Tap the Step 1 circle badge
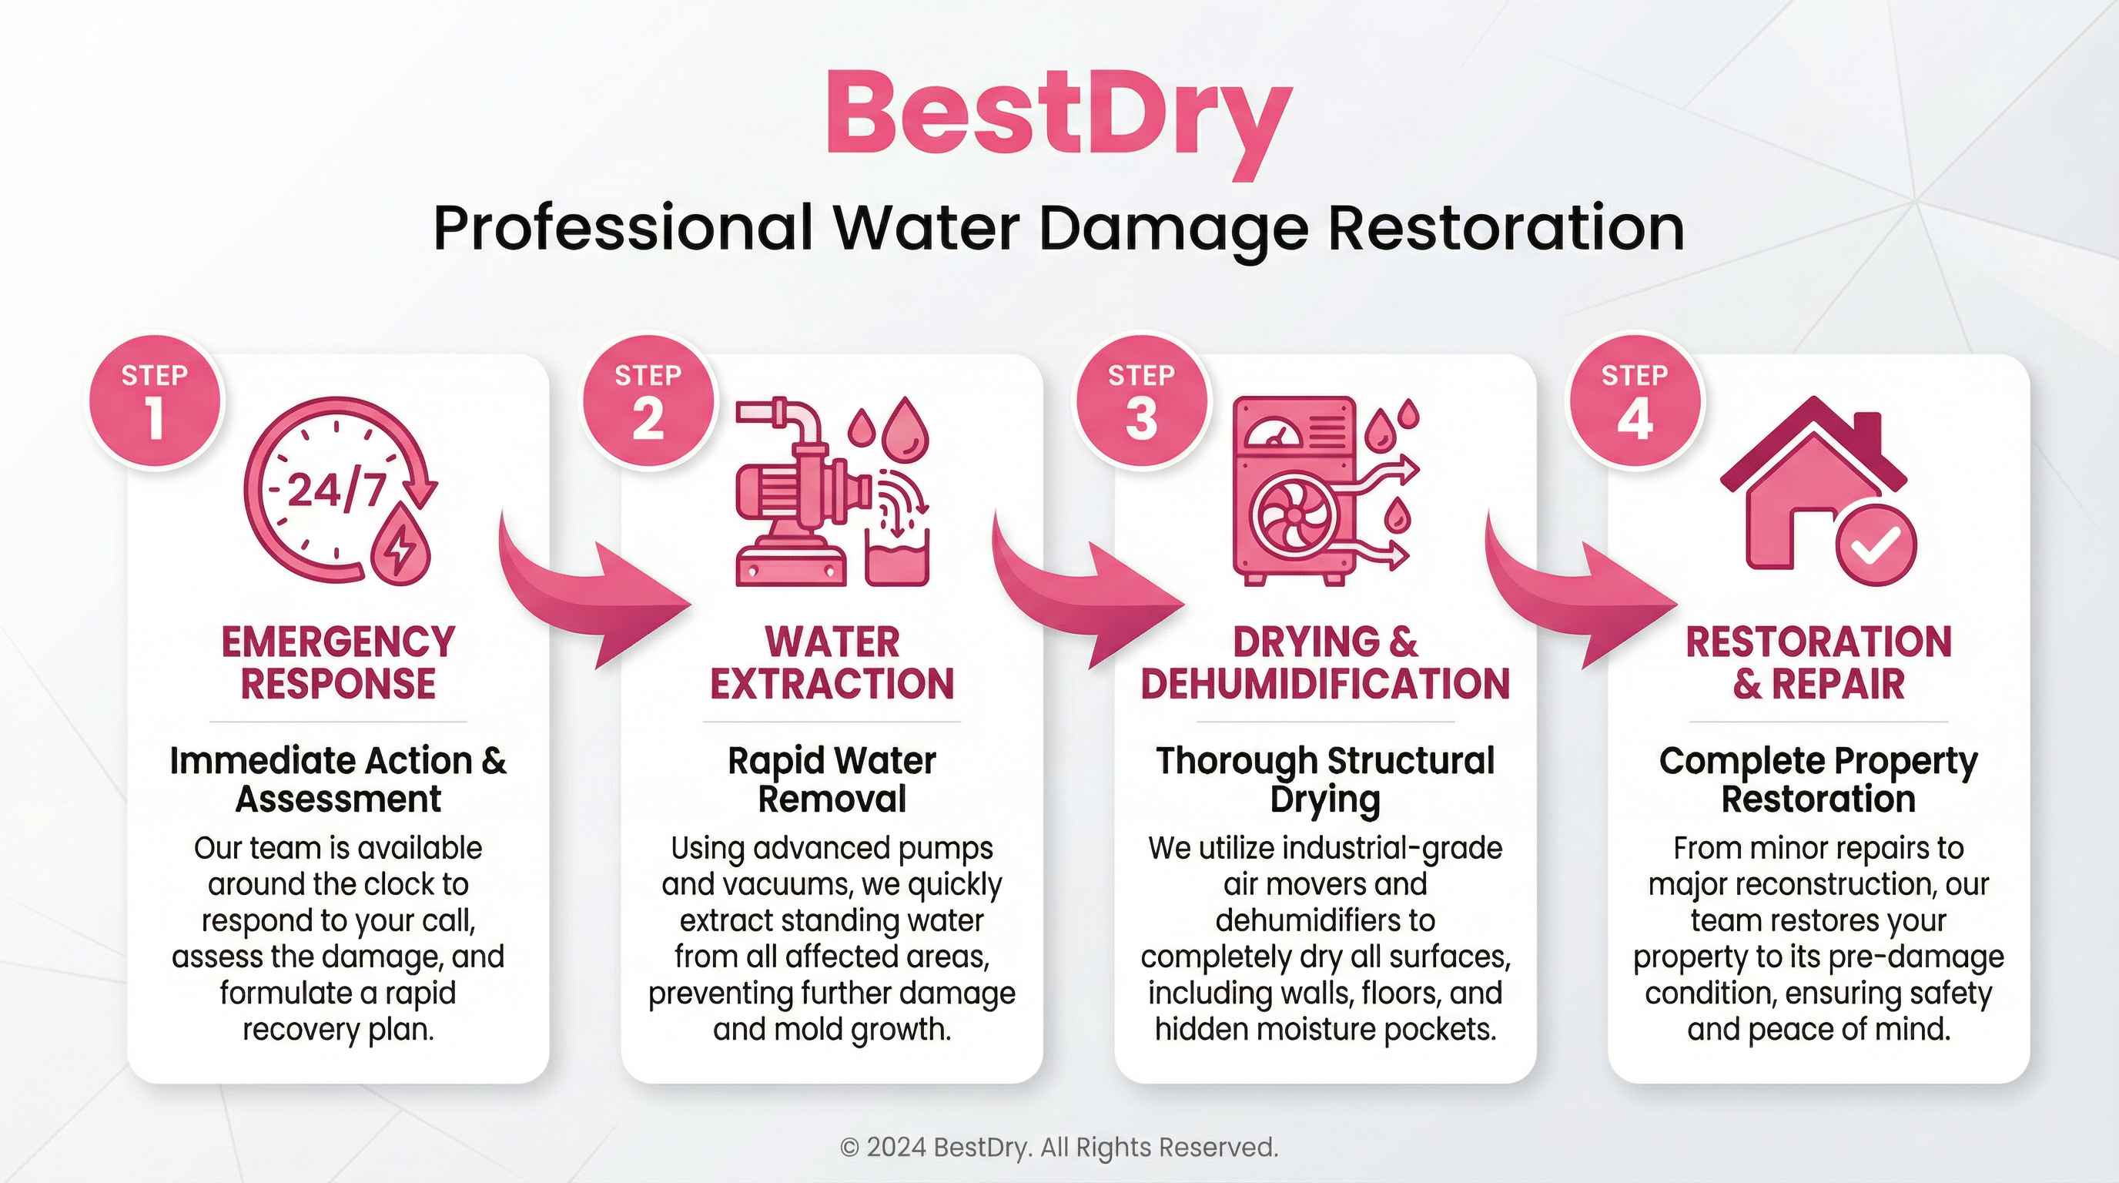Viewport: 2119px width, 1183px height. (x=155, y=402)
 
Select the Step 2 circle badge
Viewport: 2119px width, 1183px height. (x=648, y=402)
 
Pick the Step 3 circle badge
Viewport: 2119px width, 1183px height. (x=1142, y=402)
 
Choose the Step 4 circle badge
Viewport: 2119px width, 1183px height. (x=1635, y=402)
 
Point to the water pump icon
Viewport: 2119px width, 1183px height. (x=832, y=492)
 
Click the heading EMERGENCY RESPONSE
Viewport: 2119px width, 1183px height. (x=338, y=662)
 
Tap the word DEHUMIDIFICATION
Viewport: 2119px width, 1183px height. (x=1325, y=684)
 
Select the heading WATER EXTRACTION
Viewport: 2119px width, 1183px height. (x=832, y=662)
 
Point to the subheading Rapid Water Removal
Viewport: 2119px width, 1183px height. (x=832, y=779)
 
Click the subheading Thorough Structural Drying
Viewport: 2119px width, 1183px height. (x=1325, y=779)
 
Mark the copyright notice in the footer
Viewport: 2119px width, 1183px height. (x=1059, y=1146)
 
